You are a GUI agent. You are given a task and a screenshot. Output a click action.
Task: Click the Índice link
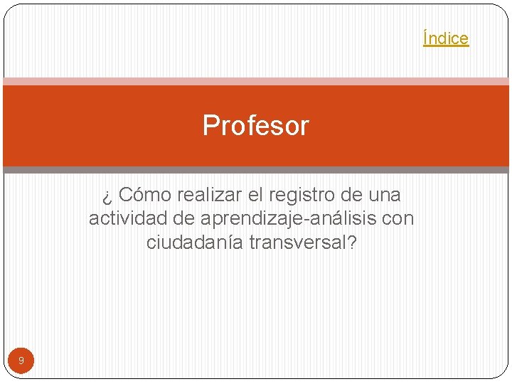click(x=446, y=38)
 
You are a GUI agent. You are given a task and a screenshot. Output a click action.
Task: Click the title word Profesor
click(x=255, y=126)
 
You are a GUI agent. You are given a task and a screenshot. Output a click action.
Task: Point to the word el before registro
click(x=253, y=195)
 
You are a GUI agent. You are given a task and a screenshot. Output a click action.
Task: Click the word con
click(x=398, y=218)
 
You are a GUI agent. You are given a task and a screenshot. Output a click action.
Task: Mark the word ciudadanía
click(x=196, y=242)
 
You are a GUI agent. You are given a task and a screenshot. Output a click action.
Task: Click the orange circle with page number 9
click(x=21, y=361)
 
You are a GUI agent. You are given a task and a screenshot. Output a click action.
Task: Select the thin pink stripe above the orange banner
click(x=256, y=82)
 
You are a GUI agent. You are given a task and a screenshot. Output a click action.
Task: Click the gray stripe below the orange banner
click(x=256, y=170)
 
